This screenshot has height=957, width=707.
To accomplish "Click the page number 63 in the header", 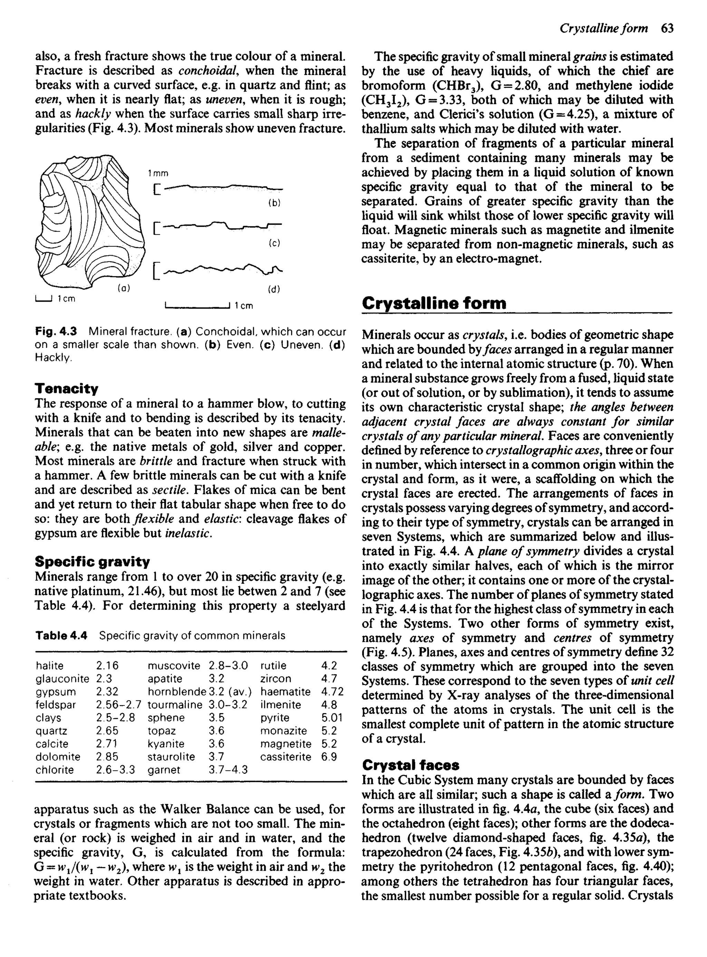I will [x=667, y=28].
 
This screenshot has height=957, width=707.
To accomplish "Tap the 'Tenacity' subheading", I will [x=66, y=388].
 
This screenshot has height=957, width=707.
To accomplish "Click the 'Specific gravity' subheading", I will [x=92, y=561].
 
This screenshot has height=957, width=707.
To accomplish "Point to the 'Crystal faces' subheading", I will [x=410, y=765].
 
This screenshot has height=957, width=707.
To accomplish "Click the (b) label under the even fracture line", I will [x=274, y=203].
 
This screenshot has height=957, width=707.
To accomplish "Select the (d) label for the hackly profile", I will [x=274, y=289].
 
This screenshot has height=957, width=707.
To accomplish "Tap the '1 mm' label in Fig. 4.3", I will [x=158, y=173].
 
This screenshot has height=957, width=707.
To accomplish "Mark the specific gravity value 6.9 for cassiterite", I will [x=329, y=757].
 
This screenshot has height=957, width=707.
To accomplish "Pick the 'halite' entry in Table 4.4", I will [x=50, y=666].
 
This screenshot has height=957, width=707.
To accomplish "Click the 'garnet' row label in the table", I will [x=164, y=770].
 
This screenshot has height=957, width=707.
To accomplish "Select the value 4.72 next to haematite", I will [x=332, y=692].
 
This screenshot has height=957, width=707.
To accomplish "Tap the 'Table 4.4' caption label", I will [x=61, y=635].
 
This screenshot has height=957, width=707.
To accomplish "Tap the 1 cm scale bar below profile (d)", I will [x=198, y=305].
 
